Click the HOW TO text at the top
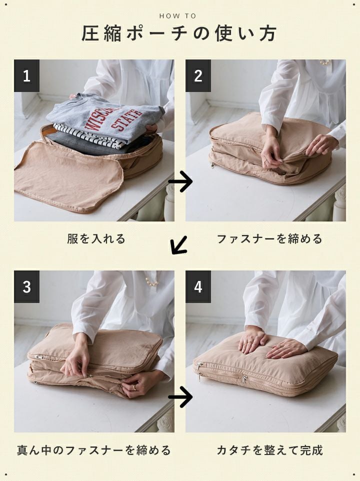click(177, 16)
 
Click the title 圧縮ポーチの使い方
click(179, 33)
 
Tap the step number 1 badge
click(26, 76)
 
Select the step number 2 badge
click(198, 76)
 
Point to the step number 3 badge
click(26, 287)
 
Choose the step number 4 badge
click(198, 287)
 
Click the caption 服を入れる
click(96, 238)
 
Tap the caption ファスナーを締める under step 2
click(269, 238)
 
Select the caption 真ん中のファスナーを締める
click(94, 450)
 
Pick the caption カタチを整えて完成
click(269, 450)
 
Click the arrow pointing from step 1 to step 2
click(180, 181)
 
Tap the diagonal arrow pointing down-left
click(179, 245)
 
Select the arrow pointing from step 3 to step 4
click(180, 397)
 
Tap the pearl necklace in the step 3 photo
click(151, 281)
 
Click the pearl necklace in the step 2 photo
click(324, 62)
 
